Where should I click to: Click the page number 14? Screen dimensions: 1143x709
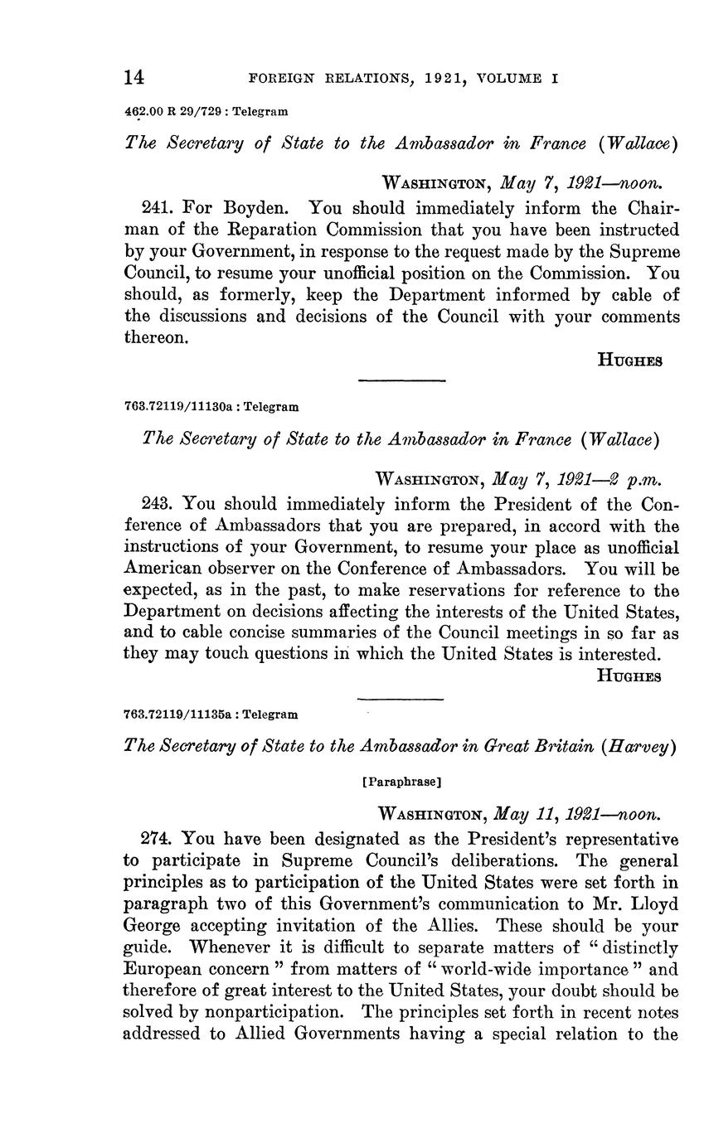[x=134, y=78]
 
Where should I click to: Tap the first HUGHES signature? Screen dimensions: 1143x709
[x=629, y=361]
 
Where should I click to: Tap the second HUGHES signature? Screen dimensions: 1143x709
[x=629, y=676]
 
